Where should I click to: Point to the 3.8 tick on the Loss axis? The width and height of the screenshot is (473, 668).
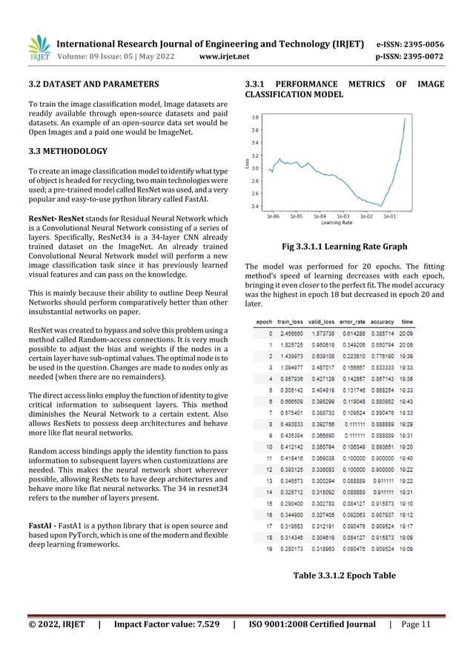[255, 118]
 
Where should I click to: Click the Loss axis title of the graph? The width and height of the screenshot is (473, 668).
[247, 162]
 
